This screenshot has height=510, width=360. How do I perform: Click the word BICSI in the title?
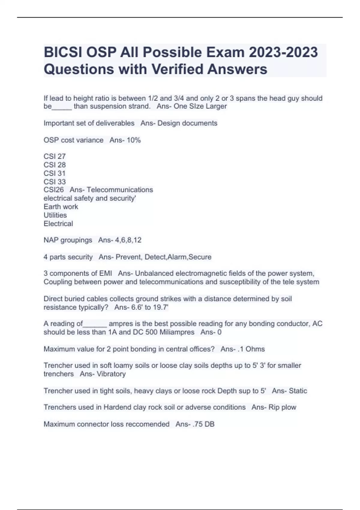[63, 52]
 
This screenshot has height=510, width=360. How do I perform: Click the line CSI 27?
[55, 156]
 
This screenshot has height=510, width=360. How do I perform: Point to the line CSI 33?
[55, 181]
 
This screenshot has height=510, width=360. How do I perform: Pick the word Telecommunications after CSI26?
[120, 190]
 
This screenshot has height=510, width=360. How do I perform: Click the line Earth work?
[61, 207]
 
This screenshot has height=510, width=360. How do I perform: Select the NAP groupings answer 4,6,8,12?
[128, 240]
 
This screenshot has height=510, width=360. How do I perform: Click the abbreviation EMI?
[106, 273]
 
